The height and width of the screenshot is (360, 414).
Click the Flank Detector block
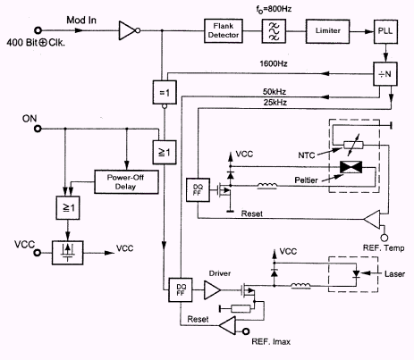tap(224, 30)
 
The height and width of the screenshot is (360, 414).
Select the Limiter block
tap(327, 31)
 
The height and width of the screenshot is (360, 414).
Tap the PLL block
tap(385, 31)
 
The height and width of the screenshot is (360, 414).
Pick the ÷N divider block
tap(385, 74)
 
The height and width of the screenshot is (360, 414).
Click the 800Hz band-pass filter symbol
tap(274, 31)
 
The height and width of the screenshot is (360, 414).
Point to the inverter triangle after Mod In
tap(128, 30)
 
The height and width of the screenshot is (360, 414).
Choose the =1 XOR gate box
tap(165, 92)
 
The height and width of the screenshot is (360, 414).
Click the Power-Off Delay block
tap(126, 182)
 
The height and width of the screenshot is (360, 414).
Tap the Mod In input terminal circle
tap(38, 30)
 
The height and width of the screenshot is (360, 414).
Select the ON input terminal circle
tap(38, 129)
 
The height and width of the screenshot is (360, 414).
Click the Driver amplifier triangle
tap(212, 289)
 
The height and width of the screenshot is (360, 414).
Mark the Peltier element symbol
tap(351, 167)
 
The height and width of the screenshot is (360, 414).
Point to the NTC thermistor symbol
tap(353, 145)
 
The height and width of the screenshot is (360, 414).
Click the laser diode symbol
tap(356, 273)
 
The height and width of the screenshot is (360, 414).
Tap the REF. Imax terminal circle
tap(246, 331)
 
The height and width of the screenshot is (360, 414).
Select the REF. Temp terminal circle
tap(384, 238)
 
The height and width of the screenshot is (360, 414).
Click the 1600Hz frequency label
tap(274, 63)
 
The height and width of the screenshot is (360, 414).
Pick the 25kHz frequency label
tap(275, 103)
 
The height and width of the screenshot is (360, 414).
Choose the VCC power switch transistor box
tap(68, 253)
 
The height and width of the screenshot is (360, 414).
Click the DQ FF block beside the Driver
tap(181, 289)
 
